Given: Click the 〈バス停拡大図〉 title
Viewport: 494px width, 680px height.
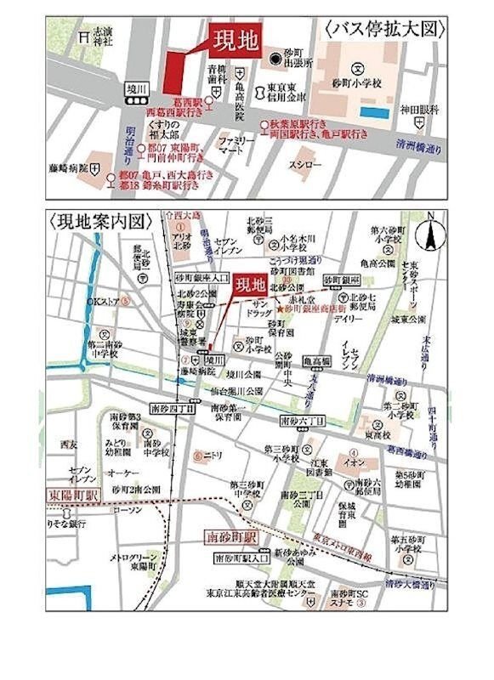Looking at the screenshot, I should (x=385, y=28).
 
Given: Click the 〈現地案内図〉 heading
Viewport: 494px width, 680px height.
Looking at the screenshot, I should (x=99, y=221).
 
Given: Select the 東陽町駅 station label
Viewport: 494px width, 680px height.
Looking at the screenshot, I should (x=73, y=495).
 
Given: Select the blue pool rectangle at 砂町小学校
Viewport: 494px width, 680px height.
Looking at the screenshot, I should (x=371, y=110).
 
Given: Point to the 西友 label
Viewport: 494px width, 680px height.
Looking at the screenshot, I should (x=69, y=445).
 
